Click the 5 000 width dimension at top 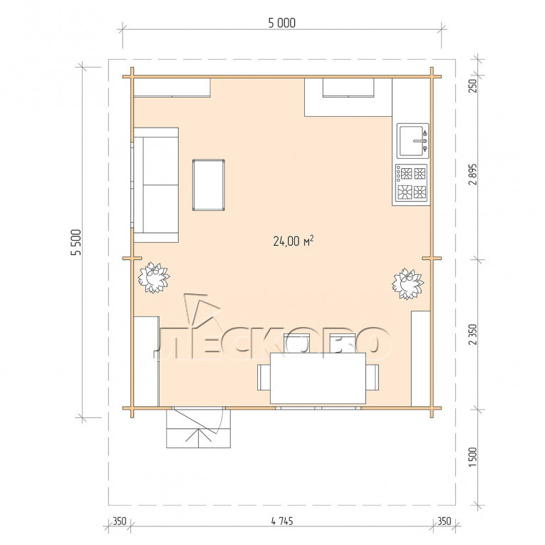tap(282, 23)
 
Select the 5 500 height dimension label tap(76, 242)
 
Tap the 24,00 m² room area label tap(294, 241)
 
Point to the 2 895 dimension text tap(473, 175)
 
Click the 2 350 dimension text tap(473, 334)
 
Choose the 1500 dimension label tap(473, 457)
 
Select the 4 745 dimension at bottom tap(282, 521)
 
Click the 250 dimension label tap(473, 86)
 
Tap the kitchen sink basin tap(412, 141)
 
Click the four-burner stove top tap(412, 183)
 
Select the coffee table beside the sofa tap(209, 185)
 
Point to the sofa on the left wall tap(156, 185)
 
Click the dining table tap(318, 378)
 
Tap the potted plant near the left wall tap(154, 278)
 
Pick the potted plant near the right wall tap(408, 284)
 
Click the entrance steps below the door tap(199, 428)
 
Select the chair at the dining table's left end tap(264, 377)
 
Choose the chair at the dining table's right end tap(373, 377)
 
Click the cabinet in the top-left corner tap(172, 88)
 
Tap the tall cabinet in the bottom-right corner tap(421, 358)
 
